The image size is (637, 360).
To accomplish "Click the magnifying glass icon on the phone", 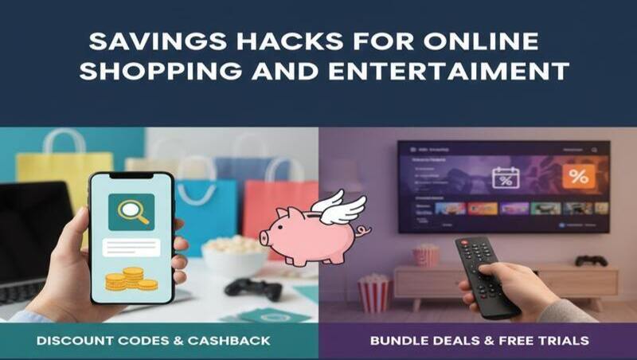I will [x=131, y=211].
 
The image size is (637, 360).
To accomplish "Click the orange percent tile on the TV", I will [x=579, y=177].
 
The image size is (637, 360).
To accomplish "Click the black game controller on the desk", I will [x=252, y=288].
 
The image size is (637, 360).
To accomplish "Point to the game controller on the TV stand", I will [x=591, y=260].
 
